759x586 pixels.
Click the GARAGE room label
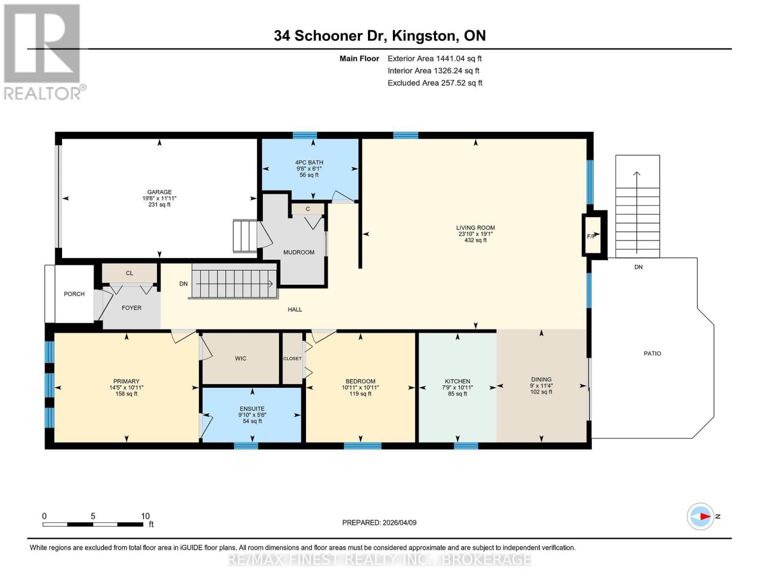pyautogui.click(x=159, y=192)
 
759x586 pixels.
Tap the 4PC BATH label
pyautogui.click(x=309, y=163)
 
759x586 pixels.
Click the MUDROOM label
pyautogui.click(x=299, y=252)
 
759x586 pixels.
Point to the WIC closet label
pyautogui.click(x=240, y=358)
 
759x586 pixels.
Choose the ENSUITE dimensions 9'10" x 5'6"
pyautogui.click(x=252, y=415)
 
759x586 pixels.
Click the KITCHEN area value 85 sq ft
pyautogui.click(x=457, y=394)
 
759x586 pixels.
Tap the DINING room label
pyautogui.click(x=541, y=379)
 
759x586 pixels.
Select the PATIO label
pyautogui.click(x=652, y=354)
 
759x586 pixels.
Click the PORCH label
pyautogui.click(x=74, y=294)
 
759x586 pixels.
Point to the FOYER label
pyautogui.click(x=131, y=308)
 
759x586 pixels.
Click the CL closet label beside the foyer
pyautogui.click(x=130, y=273)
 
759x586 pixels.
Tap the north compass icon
pyautogui.click(x=700, y=516)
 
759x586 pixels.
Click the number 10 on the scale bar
pyautogui.click(x=145, y=516)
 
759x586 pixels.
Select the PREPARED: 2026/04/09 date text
pyautogui.click(x=379, y=523)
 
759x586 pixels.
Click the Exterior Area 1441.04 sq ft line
pyautogui.click(x=434, y=59)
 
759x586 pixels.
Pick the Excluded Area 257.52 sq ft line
pyautogui.click(x=435, y=83)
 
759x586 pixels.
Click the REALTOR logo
pyautogui.click(x=43, y=51)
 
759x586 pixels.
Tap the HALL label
pyautogui.click(x=295, y=310)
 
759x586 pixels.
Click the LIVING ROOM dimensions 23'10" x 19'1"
pyautogui.click(x=476, y=234)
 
